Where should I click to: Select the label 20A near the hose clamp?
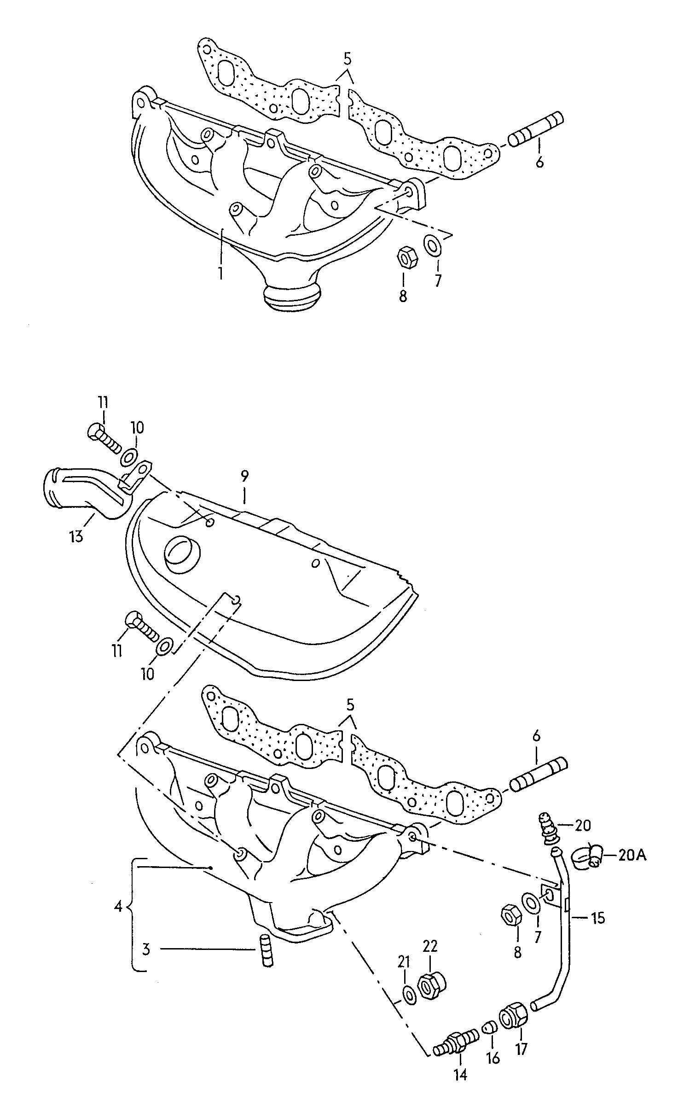click(x=632, y=856)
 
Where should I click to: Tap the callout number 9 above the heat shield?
click(x=244, y=475)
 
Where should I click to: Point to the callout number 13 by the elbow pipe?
click(x=76, y=536)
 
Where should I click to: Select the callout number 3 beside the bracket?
click(x=145, y=949)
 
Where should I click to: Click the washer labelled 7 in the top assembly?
click(x=432, y=245)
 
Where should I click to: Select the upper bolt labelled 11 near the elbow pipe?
click(x=103, y=437)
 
